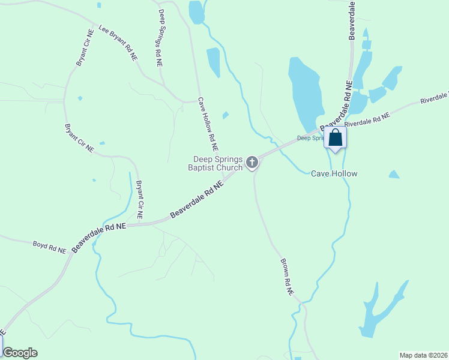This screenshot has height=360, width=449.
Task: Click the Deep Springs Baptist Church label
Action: [x=217, y=163]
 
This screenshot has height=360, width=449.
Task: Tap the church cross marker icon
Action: [x=253, y=161]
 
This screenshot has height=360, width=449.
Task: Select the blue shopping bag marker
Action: [x=336, y=138]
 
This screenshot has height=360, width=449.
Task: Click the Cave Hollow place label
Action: [x=334, y=173]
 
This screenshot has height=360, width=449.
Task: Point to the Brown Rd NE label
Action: [x=286, y=277]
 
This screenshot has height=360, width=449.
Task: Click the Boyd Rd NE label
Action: [x=49, y=247]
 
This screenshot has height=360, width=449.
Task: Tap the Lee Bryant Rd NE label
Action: [x=119, y=42]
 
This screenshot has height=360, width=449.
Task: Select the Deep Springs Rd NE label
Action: [x=160, y=37]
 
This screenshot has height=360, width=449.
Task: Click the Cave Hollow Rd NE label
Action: [x=208, y=124]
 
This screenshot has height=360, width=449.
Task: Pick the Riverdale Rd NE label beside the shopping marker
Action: [x=367, y=118]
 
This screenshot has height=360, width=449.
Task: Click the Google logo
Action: [x=20, y=353]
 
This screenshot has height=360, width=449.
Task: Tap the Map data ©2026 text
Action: [x=423, y=355]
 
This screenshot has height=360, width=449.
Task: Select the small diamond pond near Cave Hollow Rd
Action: [x=225, y=115]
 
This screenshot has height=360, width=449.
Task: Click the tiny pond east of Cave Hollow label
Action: [x=394, y=175]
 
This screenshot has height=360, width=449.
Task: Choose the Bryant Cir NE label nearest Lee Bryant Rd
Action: [x=83, y=47]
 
